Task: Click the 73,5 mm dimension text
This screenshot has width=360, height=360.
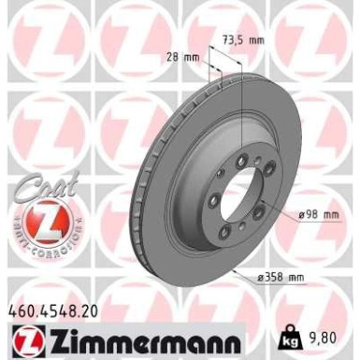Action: (245, 39)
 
